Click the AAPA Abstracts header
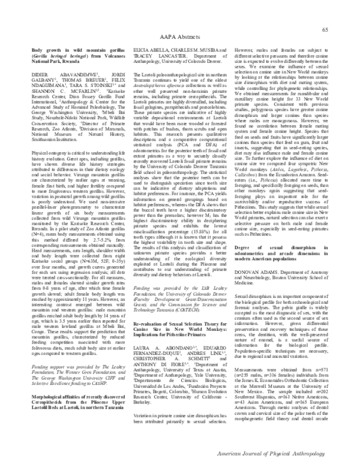click(x=180, y=35)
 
